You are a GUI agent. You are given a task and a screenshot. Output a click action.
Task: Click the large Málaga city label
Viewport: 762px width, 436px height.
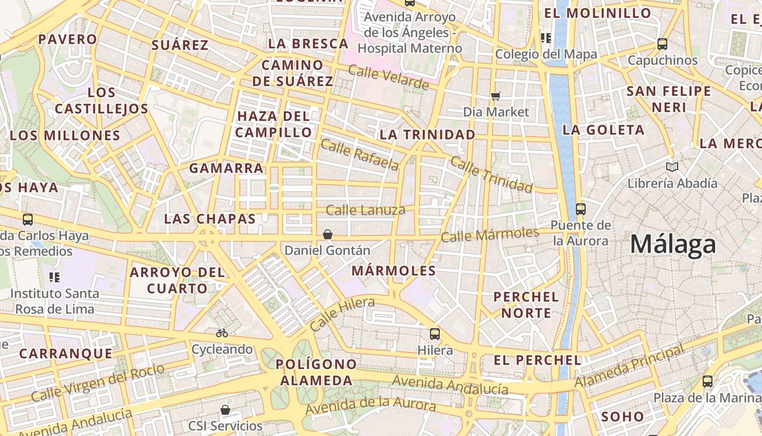(673, 245)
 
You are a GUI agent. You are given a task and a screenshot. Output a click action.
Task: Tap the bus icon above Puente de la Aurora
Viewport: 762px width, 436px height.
(580, 209)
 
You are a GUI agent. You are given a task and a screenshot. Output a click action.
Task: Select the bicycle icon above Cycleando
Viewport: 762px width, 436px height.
(222, 332)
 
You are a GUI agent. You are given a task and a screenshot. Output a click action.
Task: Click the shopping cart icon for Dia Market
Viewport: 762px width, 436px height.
(496, 96)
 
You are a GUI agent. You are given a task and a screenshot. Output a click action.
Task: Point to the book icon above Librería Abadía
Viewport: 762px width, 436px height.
(672, 167)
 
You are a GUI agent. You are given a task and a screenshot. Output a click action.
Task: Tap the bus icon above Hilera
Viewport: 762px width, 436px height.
(434, 334)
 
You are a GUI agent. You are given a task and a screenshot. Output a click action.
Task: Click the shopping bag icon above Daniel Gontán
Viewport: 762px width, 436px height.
(328, 234)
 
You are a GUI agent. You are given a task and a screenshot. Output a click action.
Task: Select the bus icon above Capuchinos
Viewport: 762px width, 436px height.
(662, 44)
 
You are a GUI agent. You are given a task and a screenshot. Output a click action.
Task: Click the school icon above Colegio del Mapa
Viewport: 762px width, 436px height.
(546, 38)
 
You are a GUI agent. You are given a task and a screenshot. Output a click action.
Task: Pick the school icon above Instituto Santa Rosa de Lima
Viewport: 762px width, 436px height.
(54, 277)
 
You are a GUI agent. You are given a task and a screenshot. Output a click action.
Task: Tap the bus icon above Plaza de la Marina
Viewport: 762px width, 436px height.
(708, 381)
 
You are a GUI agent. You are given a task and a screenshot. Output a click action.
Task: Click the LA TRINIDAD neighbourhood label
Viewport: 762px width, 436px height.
(427, 135)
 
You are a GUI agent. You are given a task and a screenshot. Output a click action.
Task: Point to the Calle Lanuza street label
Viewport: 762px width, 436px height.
(365, 210)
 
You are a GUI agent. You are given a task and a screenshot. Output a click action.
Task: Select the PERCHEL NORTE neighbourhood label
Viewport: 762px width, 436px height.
(526, 305)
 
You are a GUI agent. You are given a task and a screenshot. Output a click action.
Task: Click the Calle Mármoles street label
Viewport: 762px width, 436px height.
(489, 235)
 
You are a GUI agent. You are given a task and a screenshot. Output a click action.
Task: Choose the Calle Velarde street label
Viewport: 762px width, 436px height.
(388, 77)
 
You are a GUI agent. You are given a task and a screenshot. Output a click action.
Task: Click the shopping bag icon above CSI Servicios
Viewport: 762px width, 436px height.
(225, 409)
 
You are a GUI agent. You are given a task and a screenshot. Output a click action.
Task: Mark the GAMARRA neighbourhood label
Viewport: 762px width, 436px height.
(226, 168)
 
